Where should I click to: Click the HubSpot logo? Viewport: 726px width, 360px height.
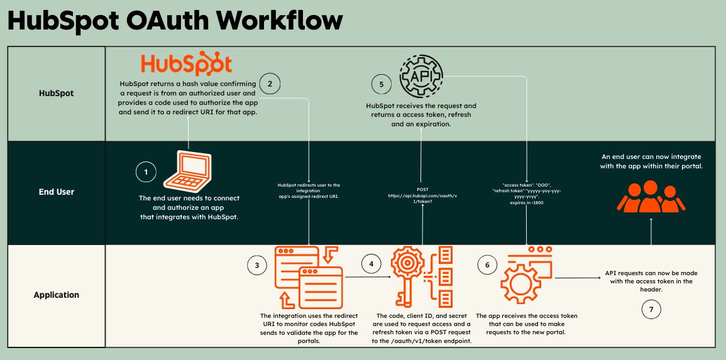186,65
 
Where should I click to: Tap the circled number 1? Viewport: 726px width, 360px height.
146,172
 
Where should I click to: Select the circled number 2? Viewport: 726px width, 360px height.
270,84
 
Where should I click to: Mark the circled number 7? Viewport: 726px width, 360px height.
651,308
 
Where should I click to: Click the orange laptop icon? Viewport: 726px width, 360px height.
189,170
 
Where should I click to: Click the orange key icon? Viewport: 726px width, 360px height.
409,276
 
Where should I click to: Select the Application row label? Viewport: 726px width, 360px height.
56,294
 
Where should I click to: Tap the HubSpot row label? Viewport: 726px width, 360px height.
56,93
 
